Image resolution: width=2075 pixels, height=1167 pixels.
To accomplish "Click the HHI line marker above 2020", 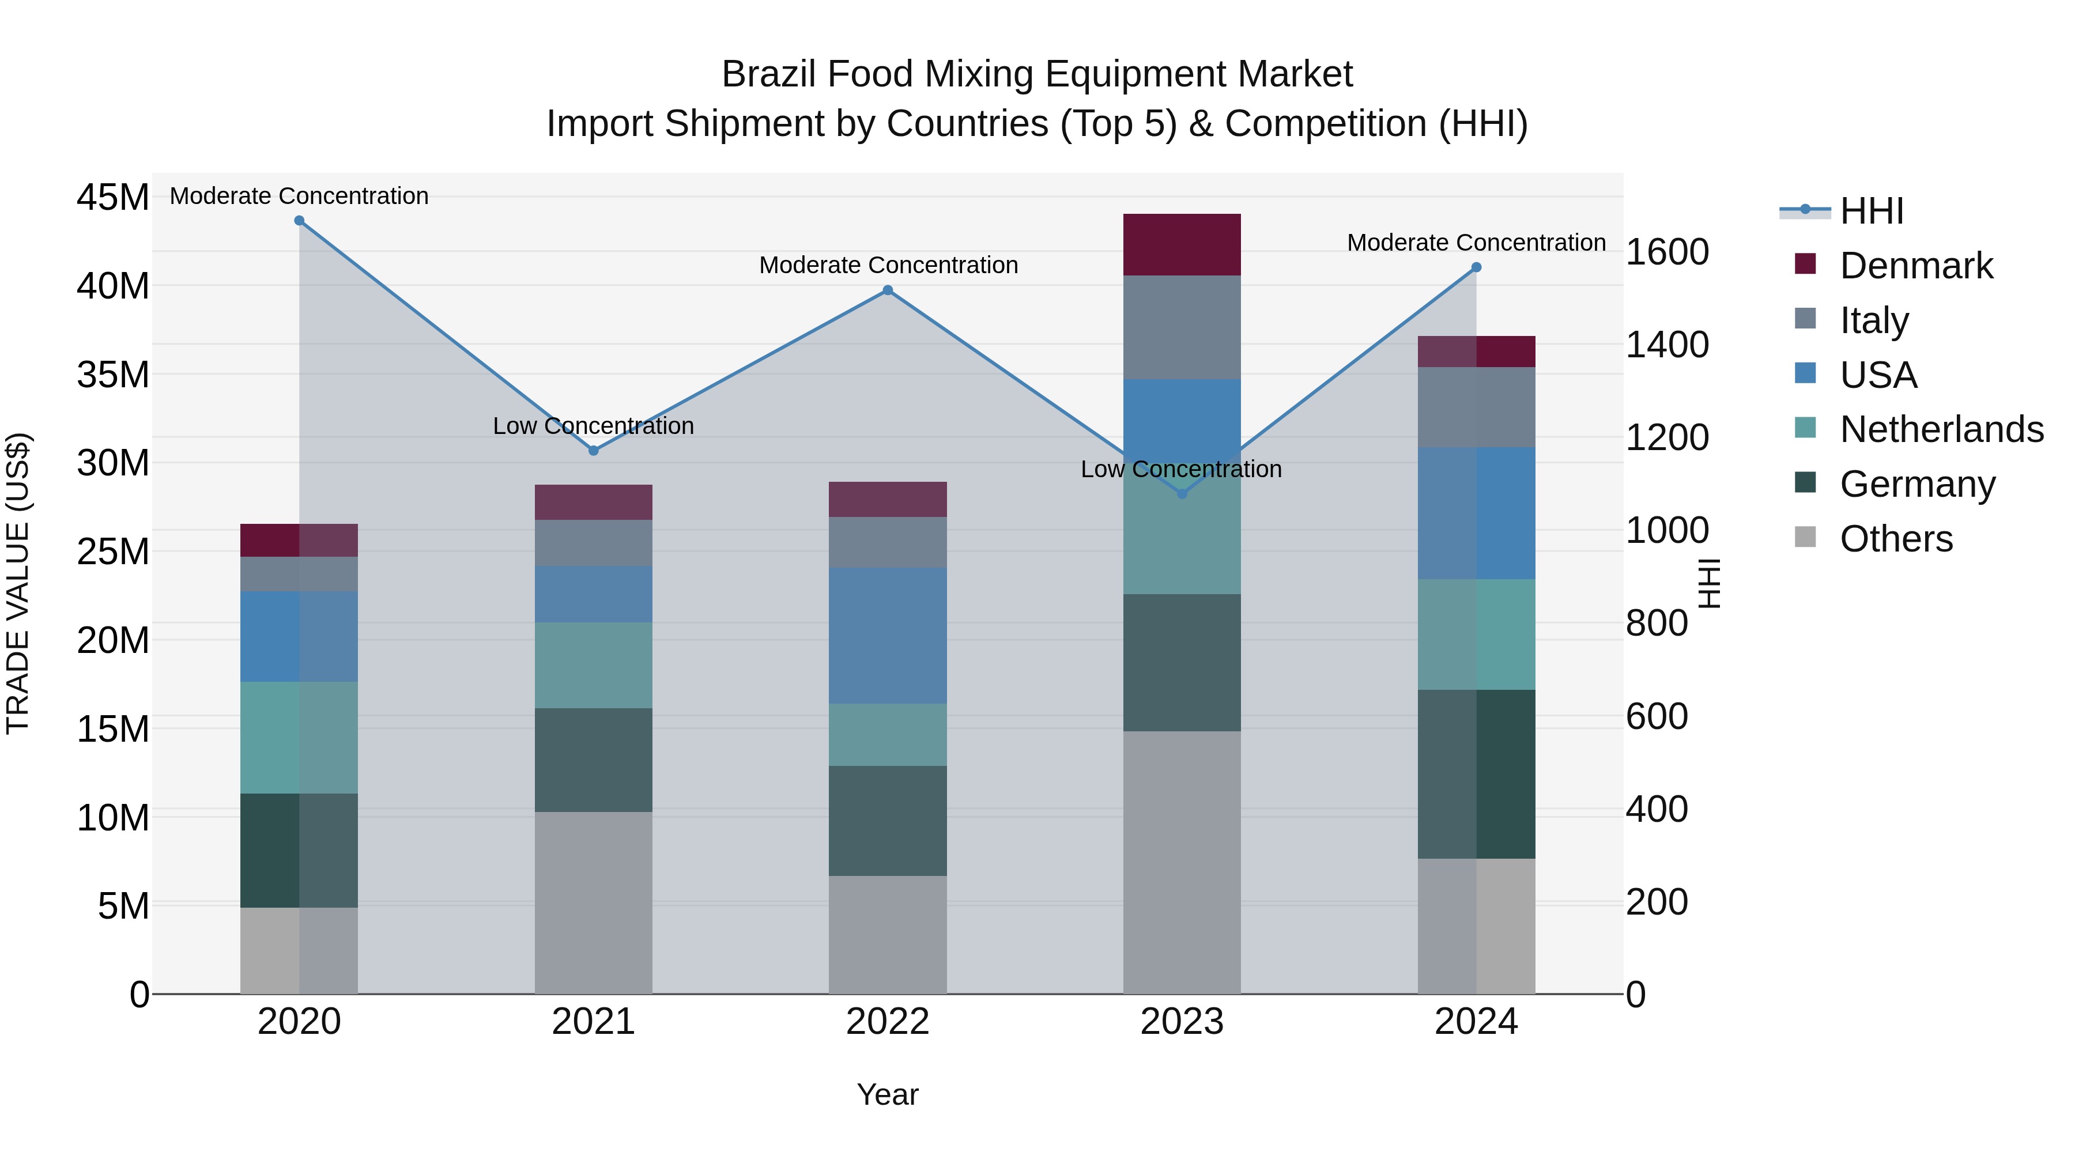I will [x=299, y=221].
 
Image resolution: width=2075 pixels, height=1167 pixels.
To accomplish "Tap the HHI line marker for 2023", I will [x=1182, y=494].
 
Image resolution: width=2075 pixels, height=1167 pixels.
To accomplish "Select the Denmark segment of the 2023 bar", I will [x=1182, y=245].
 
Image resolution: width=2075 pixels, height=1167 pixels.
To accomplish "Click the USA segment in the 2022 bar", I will [x=888, y=636].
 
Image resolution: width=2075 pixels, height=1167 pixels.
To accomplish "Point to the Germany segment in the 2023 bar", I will [x=1182, y=663].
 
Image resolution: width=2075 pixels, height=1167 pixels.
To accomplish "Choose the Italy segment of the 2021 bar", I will [x=594, y=543].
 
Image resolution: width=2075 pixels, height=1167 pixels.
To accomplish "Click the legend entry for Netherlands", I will [x=1941, y=429].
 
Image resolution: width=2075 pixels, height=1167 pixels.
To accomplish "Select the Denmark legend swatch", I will [x=1805, y=264].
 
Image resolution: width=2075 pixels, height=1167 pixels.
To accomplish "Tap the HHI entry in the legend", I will [x=1871, y=211].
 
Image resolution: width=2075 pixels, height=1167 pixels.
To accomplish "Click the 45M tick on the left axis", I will [x=113, y=197].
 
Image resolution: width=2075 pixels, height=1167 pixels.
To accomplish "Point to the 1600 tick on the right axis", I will [x=1666, y=252].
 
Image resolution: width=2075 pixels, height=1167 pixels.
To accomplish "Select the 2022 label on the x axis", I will [x=888, y=1022].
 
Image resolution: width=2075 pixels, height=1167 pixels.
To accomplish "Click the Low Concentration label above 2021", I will [x=594, y=425].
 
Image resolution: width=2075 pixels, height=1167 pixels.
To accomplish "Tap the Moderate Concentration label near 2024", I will [x=1476, y=243].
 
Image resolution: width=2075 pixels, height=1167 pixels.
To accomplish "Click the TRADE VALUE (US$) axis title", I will [x=18, y=583].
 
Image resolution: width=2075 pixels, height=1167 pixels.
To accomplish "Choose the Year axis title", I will [x=888, y=1094].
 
